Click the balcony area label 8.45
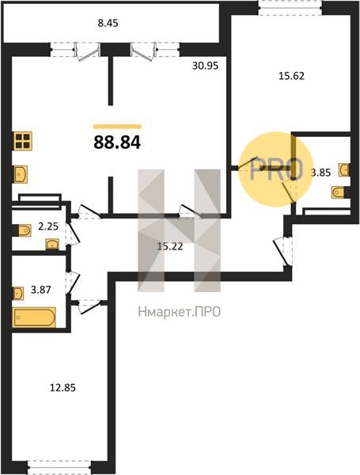(x=108, y=23)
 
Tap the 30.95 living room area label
(x=205, y=66)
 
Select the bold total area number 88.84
(x=117, y=142)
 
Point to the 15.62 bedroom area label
(x=291, y=76)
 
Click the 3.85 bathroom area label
(x=321, y=173)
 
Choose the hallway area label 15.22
(x=170, y=246)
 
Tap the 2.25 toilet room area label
(x=48, y=226)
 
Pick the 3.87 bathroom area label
(x=41, y=290)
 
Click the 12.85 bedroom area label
(x=63, y=387)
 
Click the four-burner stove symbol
(x=23, y=141)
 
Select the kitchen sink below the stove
(x=21, y=174)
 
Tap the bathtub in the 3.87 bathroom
(x=34, y=317)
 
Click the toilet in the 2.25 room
(x=22, y=230)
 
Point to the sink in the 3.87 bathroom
(x=18, y=293)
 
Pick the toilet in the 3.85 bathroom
(x=340, y=192)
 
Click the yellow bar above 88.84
(x=117, y=127)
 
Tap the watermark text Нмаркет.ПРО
(x=180, y=312)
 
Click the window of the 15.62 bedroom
(x=290, y=9)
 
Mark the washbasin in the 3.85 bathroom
(x=344, y=169)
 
